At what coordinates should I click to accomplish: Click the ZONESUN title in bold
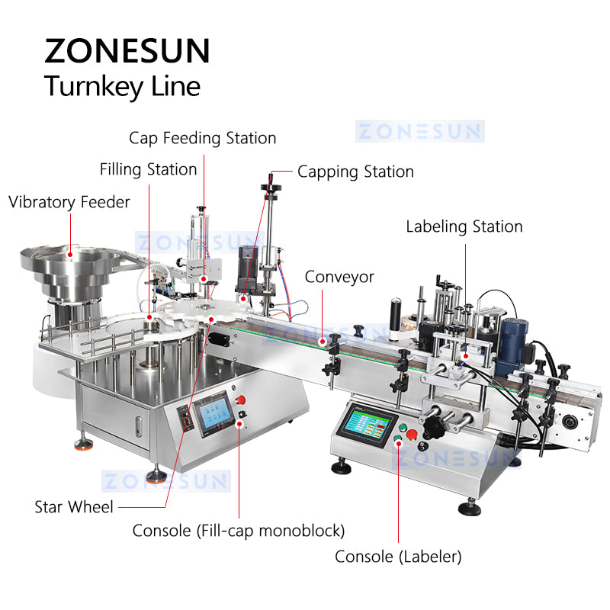[127, 50]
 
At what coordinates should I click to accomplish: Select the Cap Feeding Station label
[202, 138]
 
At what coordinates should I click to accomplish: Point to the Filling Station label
[148, 169]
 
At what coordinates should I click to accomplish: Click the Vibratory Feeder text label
[69, 202]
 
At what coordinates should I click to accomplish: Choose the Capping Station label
[355, 172]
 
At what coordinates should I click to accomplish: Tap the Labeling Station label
[464, 226]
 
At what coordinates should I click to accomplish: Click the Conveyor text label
[339, 277]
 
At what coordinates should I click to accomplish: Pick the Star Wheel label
[74, 506]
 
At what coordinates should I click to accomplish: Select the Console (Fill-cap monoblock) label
[239, 530]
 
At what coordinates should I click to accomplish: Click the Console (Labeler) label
[398, 557]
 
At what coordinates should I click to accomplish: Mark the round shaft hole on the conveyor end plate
[567, 422]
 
